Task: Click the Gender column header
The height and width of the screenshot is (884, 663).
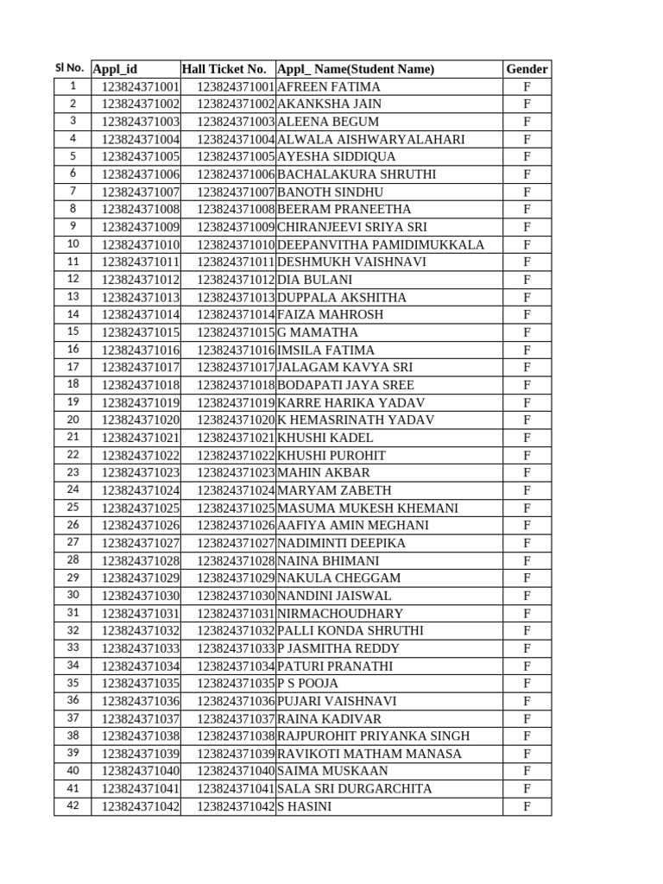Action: [x=527, y=69]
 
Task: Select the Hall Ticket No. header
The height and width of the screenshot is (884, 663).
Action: [x=224, y=69]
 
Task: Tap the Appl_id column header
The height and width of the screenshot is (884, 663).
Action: [x=115, y=69]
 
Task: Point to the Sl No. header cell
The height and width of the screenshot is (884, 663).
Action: [x=69, y=68]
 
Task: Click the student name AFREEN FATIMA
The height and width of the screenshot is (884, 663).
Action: [x=329, y=87]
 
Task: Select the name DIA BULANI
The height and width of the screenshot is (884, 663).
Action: [x=314, y=280]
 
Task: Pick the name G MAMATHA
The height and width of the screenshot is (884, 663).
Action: [x=318, y=332]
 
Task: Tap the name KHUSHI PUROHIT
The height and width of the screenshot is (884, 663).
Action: [x=331, y=455]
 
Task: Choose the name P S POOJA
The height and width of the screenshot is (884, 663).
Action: [x=308, y=683]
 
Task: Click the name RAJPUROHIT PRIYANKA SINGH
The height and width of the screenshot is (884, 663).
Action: [x=374, y=736]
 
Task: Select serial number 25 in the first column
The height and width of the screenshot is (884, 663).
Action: [x=73, y=508]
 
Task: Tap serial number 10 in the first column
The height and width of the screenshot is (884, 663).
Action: [x=73, y=244]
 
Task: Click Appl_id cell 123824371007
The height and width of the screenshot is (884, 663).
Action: [x=141, y=192]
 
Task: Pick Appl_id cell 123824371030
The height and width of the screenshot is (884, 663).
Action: [x=141, y=596]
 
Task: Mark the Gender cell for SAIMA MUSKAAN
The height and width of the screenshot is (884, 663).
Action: [x=527, y=771]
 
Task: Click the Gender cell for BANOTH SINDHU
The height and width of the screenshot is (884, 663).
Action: [x=527, y=192]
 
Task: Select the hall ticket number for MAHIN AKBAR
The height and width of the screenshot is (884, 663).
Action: [x=236, y=472]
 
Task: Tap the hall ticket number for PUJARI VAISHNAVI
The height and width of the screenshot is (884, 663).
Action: [x=236, y=701]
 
